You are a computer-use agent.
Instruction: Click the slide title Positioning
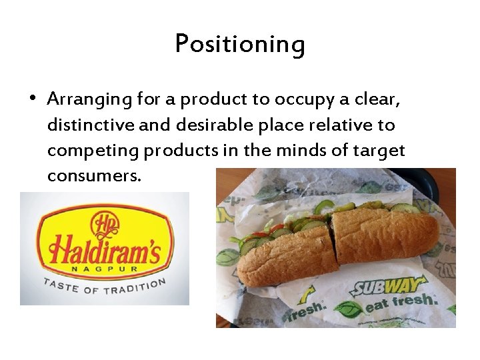pos(240,45)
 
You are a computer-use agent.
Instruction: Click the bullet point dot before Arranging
pos(33,99)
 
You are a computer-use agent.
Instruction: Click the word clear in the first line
pos(379,99)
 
